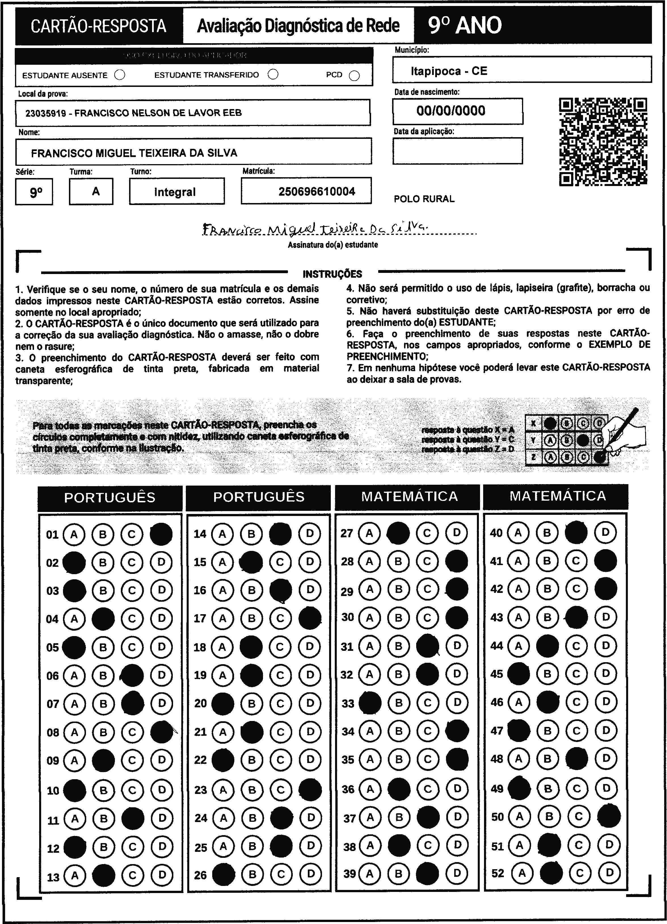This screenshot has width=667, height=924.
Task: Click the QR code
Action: (x=603, y=142)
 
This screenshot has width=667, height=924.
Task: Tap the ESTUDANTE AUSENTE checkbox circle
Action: (x=120, y=75)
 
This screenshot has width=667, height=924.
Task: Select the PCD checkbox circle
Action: (x=354, y=76)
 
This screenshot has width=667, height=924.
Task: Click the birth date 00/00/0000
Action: (x=451, y=111)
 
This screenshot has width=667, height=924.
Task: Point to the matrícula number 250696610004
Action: (x=317, y=191)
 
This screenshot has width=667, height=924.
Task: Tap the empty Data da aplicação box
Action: (x=457, y=151)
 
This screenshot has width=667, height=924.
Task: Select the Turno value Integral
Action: (x=175, y=192)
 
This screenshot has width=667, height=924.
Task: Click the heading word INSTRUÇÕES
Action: (x=332, y=274)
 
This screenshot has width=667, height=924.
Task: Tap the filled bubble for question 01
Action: (x=161, y=534)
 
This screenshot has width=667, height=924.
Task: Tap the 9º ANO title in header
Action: (x=465, y=26)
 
